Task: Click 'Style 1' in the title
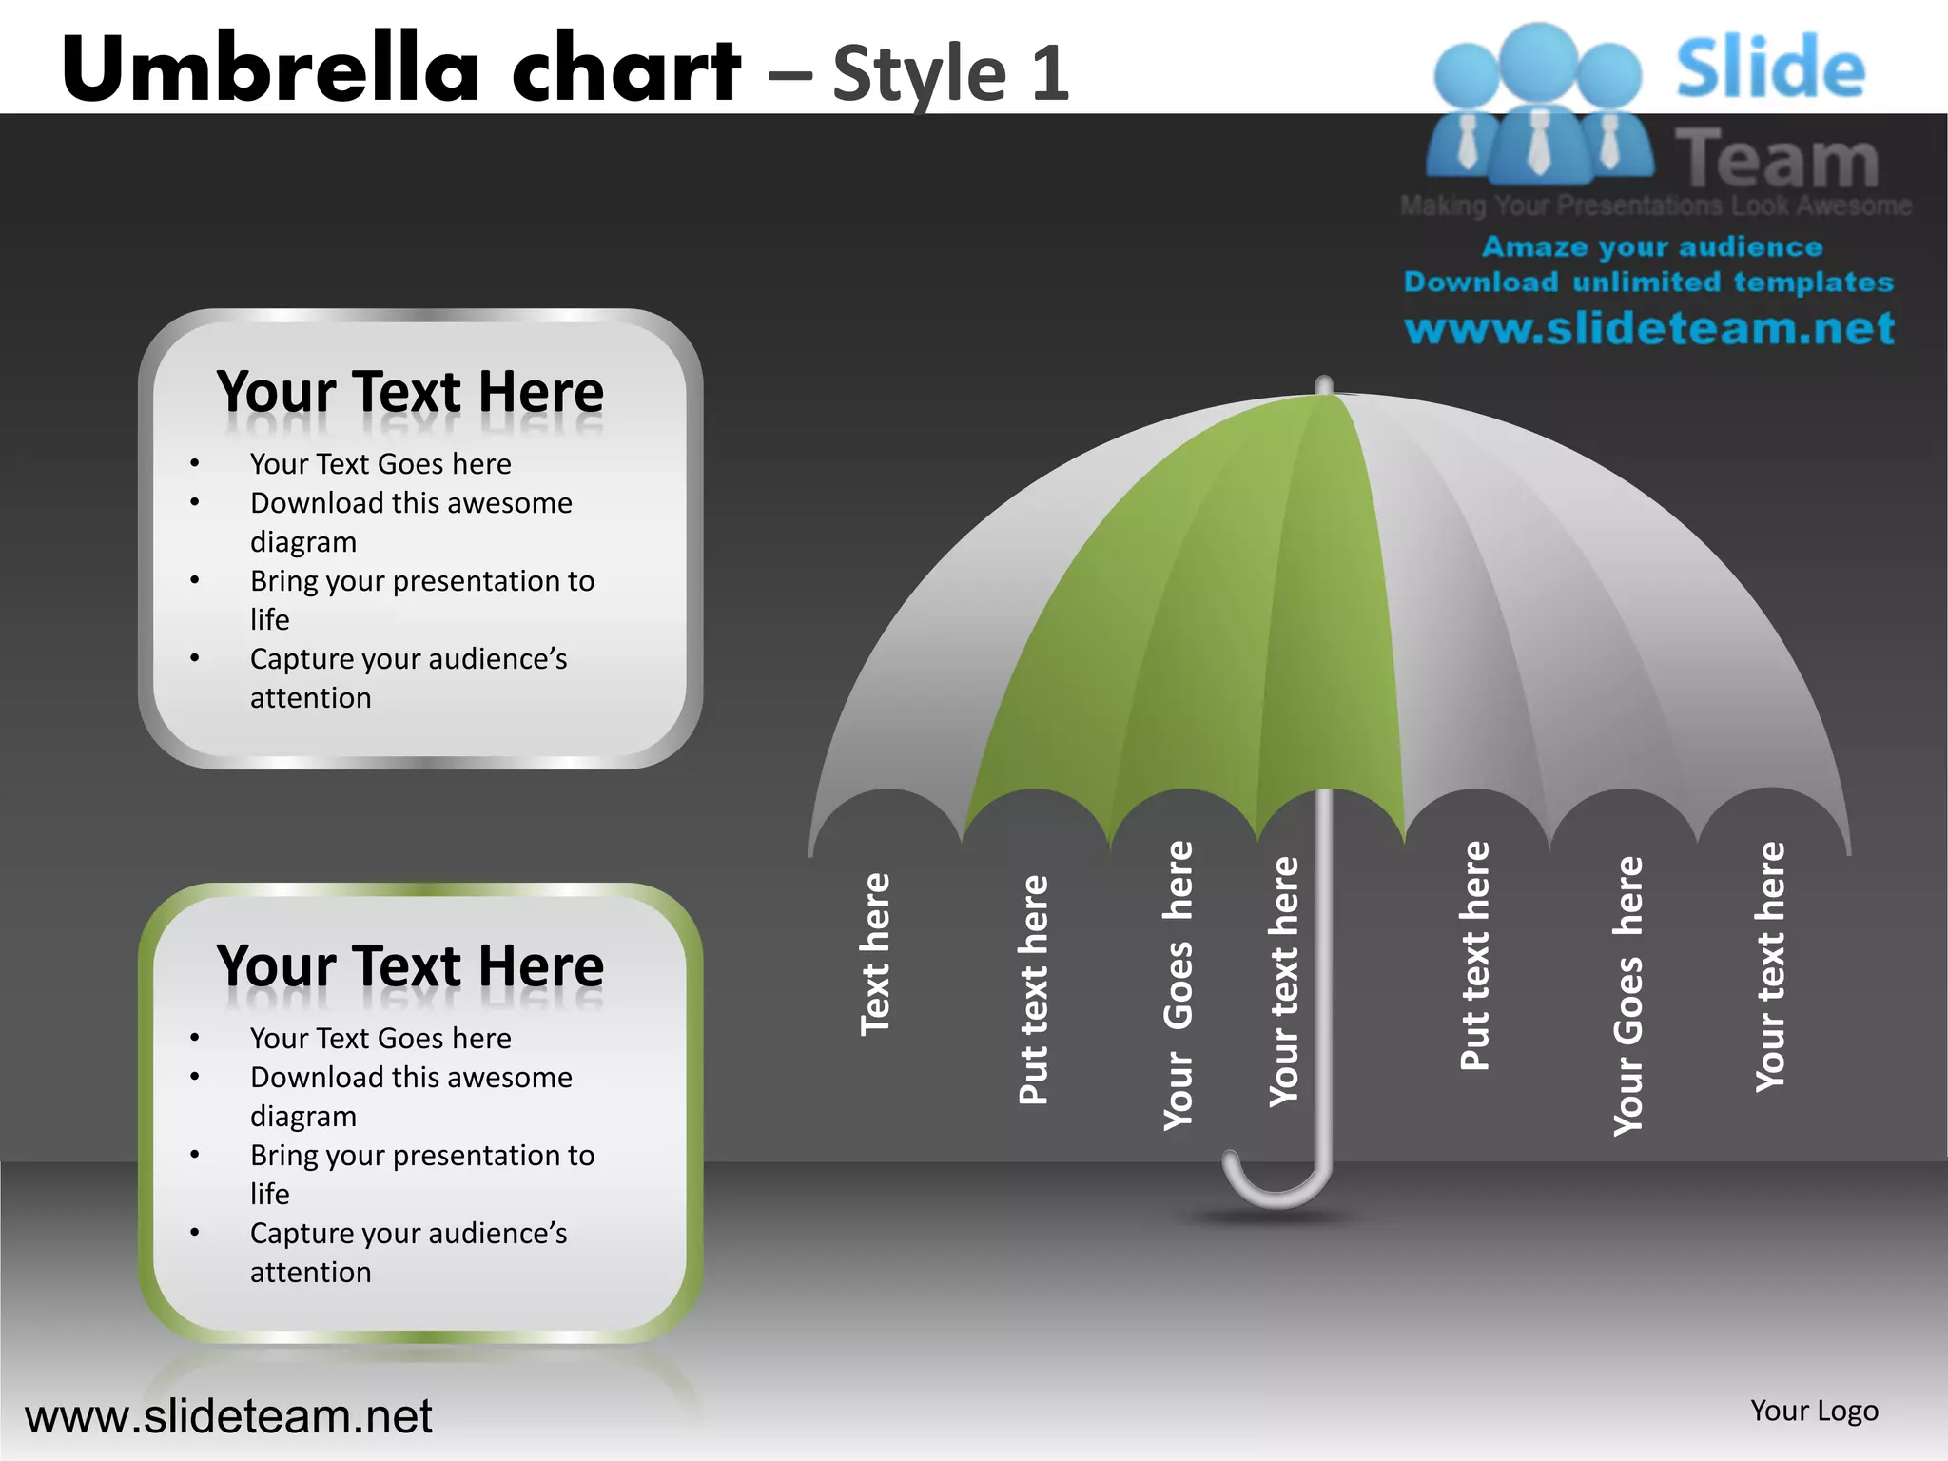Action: tap(950, 72)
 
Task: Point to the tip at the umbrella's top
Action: tap(1323, 384)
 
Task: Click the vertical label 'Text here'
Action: tap(875, 953)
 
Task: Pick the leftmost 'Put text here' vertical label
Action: tap(1033, 989)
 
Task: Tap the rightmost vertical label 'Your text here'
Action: tap(1770, 966)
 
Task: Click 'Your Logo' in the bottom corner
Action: tap(1814, 1411)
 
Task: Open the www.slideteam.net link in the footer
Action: tap(228, 1416)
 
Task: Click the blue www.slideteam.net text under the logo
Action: tap(1649, 328)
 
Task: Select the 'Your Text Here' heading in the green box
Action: tap(410, 966)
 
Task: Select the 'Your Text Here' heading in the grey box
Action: tap(410, 392)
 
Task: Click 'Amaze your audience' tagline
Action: tap(1652, 247)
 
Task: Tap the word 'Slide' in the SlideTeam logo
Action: tap(1770, 68)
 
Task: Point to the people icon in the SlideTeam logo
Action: tap(1538, 105)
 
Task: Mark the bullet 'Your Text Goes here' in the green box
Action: tap(380, 1038)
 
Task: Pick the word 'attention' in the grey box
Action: tap(311, 698)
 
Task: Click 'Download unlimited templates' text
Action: tap(1648, 282)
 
